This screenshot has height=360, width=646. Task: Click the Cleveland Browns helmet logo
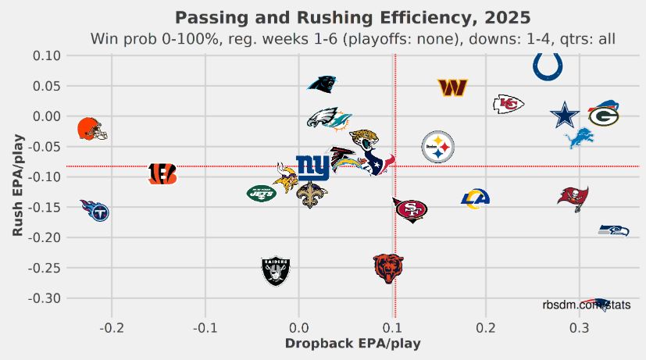[x=91, y=129]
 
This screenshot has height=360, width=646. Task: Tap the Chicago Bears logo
[x=388, y=268]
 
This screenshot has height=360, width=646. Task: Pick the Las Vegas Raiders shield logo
[x=276, y=271]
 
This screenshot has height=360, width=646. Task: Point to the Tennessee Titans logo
[x=95, y=210]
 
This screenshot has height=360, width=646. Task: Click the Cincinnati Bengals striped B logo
[x=162, y=174]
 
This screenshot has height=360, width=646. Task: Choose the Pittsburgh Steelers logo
[x=437, y=147]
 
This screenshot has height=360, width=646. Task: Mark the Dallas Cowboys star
[x=565, y=115]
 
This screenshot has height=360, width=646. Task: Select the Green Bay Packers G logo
[x=604, y=114]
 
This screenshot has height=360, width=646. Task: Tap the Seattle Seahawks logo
[x=613, y=230]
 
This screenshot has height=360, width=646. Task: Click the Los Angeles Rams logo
[x=475, y=199]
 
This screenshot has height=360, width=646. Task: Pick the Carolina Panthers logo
[x=322, y=85]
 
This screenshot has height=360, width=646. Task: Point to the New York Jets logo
[x=262, y=193]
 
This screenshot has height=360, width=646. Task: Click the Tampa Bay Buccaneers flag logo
[x=573, y=198]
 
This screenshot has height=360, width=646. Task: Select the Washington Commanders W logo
[x=452, y=88]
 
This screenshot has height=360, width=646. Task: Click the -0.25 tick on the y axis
[x=43, y=268]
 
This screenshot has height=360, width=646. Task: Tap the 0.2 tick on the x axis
[x=486, y=326]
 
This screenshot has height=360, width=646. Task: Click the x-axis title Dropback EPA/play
[x=353, y=344]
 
